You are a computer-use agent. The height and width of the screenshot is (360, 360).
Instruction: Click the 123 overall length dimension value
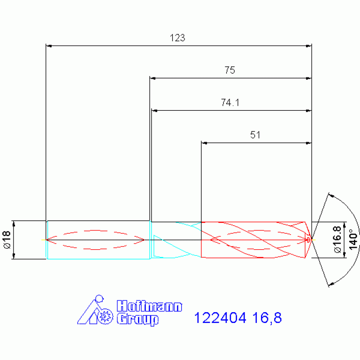click(x=177, y=38)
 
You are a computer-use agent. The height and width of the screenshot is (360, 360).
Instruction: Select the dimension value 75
click(x=230, y=70)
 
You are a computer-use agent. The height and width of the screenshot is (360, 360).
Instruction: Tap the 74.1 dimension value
click(x=230, y=103)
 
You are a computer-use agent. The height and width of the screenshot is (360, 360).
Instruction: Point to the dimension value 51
click(x=255, y=135)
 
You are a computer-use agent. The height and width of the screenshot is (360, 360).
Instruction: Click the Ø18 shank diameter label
click(x=7, y=240)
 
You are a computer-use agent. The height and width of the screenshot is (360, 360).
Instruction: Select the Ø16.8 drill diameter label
click(x=337, y=239)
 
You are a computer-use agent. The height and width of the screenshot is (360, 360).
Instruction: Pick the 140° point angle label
click(x=353, y=239)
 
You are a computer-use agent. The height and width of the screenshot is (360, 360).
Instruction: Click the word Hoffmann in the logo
click(x=149, y=306)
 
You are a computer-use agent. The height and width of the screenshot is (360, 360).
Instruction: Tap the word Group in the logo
click(x=138, y=319)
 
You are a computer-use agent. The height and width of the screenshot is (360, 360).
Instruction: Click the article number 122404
click(x=220, y=318)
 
